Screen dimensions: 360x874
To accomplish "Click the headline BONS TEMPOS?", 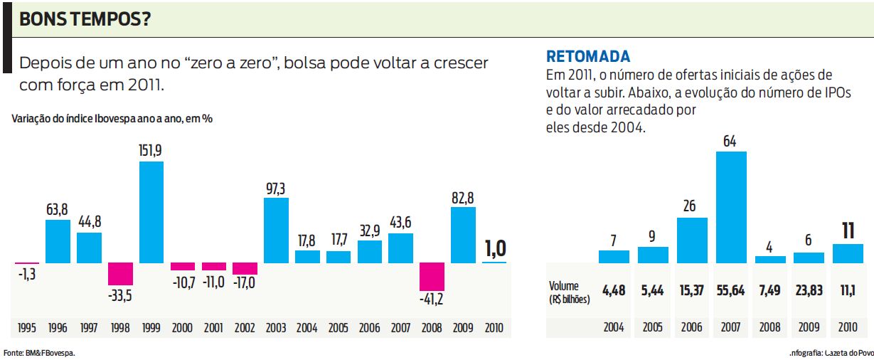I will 85,20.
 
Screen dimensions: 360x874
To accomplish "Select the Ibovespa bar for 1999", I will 151,212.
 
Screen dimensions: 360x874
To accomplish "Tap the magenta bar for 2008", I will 432,276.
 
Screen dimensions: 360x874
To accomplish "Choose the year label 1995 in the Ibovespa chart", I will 26,328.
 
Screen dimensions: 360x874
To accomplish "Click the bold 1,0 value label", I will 495,248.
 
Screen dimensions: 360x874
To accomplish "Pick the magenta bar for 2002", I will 245,269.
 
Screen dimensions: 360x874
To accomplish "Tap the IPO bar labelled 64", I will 730,207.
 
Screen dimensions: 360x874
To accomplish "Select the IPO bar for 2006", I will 692,240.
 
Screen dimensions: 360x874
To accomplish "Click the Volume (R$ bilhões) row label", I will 570,292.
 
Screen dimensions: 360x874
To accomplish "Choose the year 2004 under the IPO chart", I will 614,328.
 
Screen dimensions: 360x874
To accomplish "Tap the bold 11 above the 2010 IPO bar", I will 847,231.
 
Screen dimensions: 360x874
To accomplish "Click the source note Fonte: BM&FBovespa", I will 39,352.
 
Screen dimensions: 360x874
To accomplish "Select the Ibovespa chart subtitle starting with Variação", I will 112,119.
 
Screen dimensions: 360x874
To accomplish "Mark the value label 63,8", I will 58,209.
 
